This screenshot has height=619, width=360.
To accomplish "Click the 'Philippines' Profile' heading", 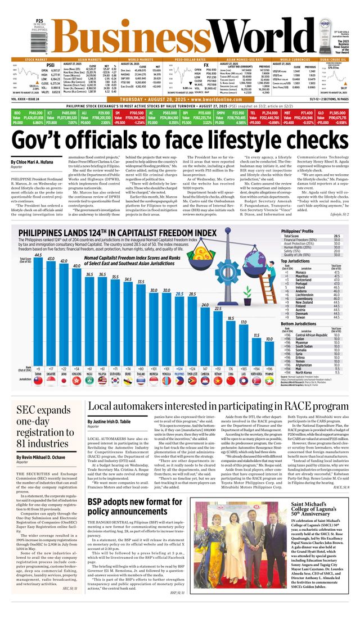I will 298,231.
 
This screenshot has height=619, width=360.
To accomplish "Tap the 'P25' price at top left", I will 39,21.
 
